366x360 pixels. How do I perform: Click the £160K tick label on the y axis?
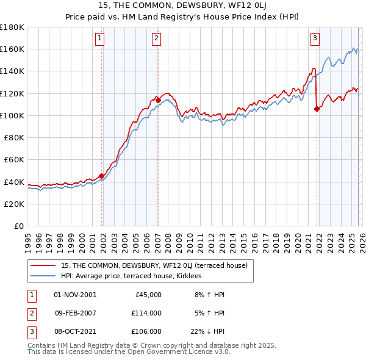(x=12, y=49)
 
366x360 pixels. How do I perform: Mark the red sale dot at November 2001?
(x=101, y=176)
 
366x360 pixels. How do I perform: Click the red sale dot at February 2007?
(x=158, y=99)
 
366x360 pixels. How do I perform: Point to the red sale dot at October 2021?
(x=317, y=109)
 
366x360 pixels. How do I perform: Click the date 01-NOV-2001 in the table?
(x=75, y=294)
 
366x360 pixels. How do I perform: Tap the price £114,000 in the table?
(x=146, y=312)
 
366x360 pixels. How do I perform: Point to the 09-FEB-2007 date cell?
(x=75, y=312)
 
